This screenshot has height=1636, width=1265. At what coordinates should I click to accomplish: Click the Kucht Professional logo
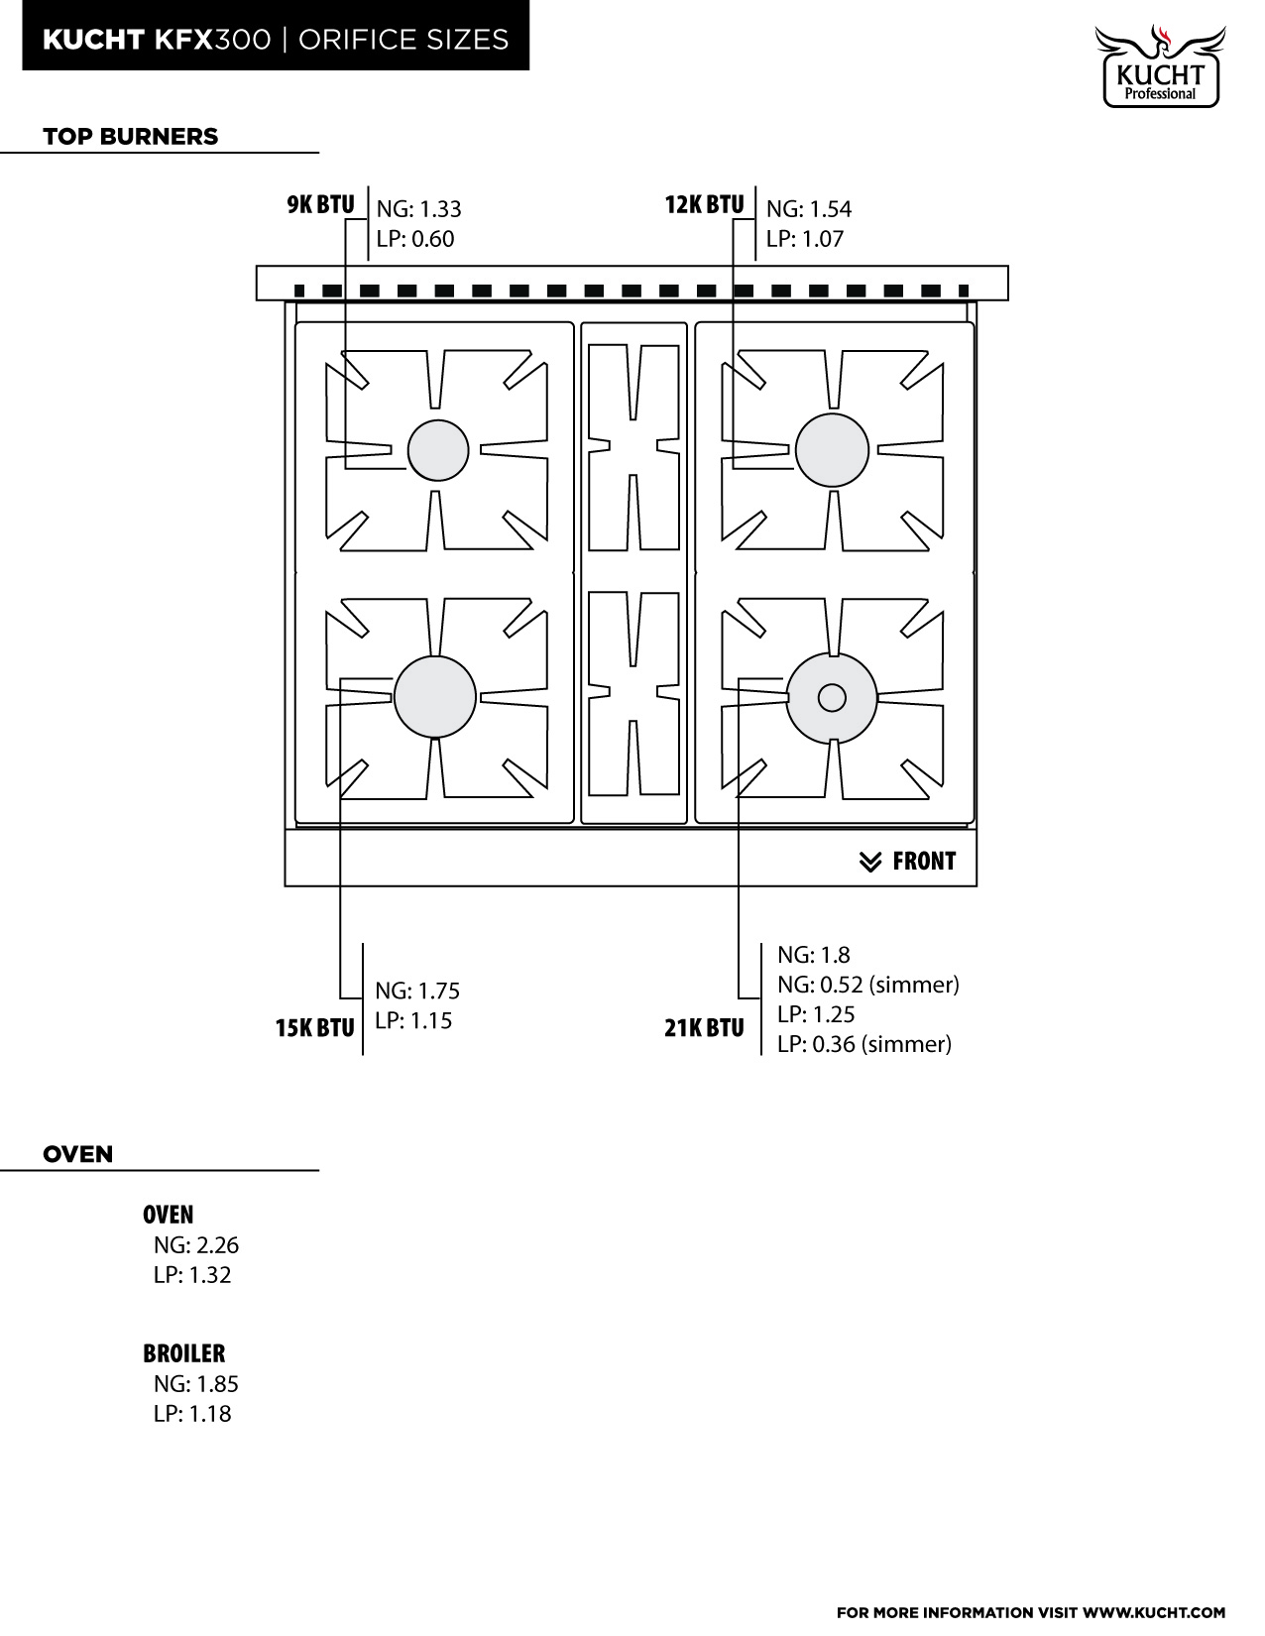[1159, 65]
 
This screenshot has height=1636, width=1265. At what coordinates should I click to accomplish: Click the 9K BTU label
[320, 205]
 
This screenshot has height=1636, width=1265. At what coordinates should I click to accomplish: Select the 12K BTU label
[704, 205]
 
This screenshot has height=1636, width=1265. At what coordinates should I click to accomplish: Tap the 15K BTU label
[314, 1027]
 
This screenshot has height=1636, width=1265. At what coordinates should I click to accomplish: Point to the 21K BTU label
[704, 1027]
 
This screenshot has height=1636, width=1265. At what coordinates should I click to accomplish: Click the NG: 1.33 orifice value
[418, 208]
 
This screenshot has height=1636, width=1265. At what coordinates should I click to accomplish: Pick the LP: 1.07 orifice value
[804, 239]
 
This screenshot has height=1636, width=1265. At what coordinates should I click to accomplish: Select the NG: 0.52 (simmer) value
[867, 985]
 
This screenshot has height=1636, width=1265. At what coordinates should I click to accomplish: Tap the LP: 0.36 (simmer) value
[863, 1044]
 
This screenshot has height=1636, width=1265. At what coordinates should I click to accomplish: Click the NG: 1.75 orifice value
[417, 991]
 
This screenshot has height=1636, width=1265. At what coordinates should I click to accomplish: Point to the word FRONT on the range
[923, 861]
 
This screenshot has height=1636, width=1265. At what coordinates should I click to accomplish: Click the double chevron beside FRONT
[869, 862]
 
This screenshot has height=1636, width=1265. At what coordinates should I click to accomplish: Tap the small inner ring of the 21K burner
[832, 698]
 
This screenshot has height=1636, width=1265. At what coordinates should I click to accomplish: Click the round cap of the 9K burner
[438, 450]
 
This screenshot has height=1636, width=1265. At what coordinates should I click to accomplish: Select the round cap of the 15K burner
[435, 697]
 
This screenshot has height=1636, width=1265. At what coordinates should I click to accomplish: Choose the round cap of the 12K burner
[832, 450]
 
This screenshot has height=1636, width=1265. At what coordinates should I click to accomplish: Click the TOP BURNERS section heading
[130, 136]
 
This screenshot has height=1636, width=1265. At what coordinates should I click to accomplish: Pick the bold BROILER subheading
[183, 1352]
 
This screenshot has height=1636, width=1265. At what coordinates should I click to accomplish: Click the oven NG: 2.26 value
[195, 1245]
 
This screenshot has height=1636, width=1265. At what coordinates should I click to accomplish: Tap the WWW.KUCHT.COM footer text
[1154, 1612]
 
